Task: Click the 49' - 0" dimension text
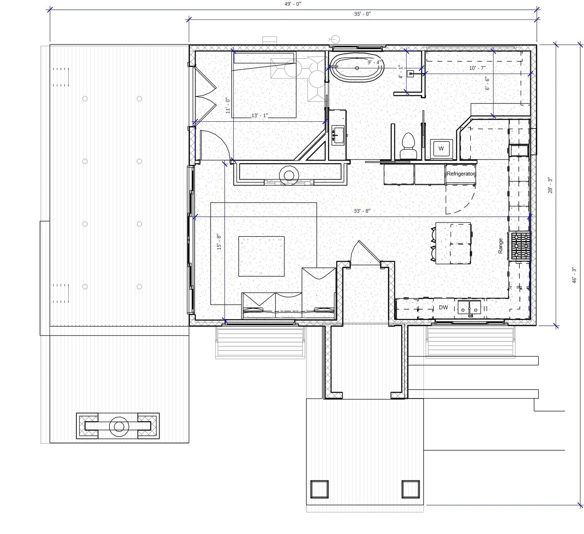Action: click(x=293, y=4)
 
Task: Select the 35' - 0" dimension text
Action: click(x=362, y=14)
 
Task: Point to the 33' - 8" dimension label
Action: click(x=362, y=211)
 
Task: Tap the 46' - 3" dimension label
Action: click(x=574, y=275)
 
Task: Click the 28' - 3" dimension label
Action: click(x=550, y=185)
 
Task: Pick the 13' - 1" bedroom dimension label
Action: click(x=259, y=116)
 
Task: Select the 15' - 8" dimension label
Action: click(x=219, y=242)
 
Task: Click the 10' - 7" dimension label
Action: click(x=477, y=68)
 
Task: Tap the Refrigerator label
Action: click(x=461, y=174)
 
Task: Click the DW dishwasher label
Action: click(x=443, y=307)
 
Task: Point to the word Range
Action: click(x=500, y=246)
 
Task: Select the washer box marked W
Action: click(x=441, y=148)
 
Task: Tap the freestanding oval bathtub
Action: click(x=356, y=68)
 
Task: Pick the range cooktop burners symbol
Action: click(x=520, y=246)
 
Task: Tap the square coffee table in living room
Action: click(x=261, y=256)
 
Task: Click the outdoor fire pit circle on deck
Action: click(x=118, y=426)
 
